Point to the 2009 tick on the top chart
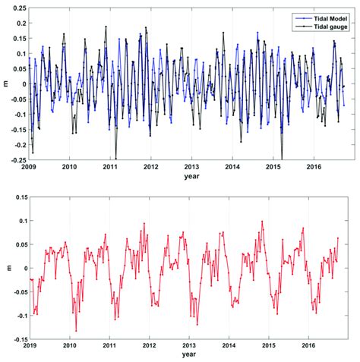[29, 166]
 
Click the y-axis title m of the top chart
[5, 83]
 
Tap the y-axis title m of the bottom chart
[5, 267]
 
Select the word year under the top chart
[191, 176]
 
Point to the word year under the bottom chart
[191, 354]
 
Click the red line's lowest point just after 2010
[76, 330]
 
